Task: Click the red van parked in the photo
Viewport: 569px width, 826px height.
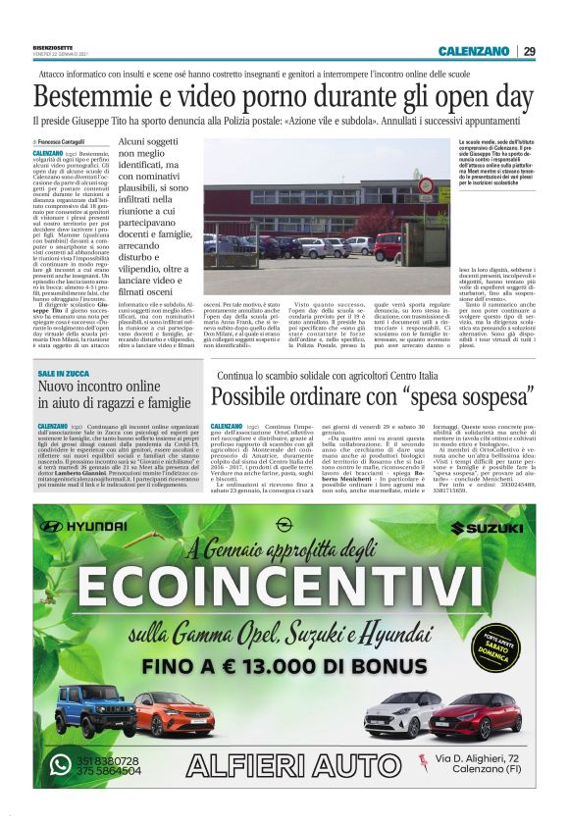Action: coord(388,246)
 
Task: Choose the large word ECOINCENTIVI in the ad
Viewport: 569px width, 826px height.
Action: coord(284,586)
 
